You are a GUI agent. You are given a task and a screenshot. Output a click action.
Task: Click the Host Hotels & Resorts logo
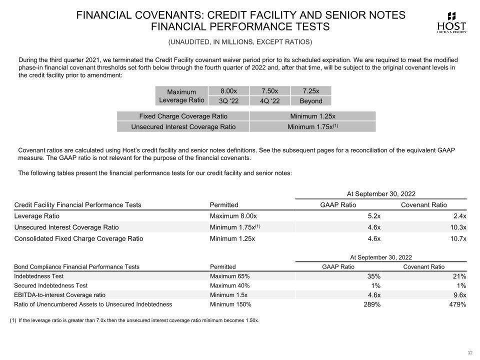pyautogui.click(x=451, y=22)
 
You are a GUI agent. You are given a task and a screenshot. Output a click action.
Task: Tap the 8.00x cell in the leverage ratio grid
pyautogui.click(x=228, y=91)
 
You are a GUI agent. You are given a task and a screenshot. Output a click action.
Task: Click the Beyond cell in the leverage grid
pyautogui.click(x=310, y=101)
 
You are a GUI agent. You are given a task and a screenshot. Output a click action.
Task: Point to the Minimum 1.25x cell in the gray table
pyautogui.click(x=312, y=116)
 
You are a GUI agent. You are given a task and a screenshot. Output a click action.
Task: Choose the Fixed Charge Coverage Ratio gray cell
pyautogui.click(x=183, y=116)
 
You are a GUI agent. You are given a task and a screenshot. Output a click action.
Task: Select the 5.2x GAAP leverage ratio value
pyautogui.click(x=372, y=216)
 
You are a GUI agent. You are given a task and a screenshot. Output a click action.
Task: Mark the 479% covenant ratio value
pyautogui.click(x=457, y=304)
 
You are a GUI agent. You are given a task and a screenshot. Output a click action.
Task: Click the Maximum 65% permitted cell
pyautogui.click(x=229, y=276)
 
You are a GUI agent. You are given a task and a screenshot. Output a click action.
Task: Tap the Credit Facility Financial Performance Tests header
pyautogui.click(x=77, y=205)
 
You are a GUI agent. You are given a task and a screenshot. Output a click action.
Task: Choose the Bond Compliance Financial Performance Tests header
pyautogui.click(x=76, y=266)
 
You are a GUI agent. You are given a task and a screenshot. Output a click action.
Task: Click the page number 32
pyautogui.click(x=469, y=353)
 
